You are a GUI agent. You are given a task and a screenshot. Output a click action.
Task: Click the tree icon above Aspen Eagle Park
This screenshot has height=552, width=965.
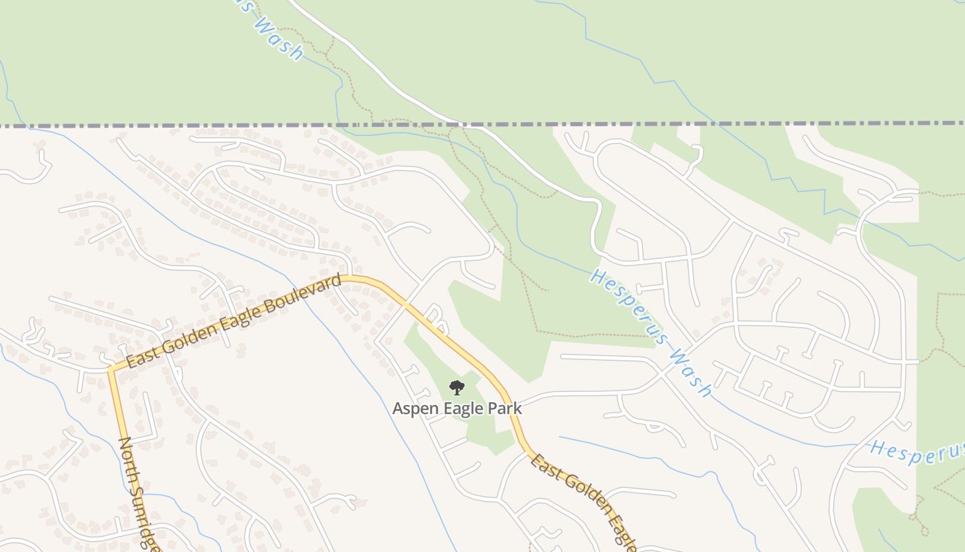456,388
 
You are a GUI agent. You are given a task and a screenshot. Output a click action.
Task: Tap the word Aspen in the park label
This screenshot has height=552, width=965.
415,408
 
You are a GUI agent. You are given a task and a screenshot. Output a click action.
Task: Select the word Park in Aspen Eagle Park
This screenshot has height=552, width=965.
506,408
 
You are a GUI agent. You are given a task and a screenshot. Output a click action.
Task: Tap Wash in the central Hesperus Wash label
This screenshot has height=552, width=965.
690,373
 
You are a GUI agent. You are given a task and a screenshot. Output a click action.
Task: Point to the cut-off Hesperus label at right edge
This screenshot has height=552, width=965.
917,450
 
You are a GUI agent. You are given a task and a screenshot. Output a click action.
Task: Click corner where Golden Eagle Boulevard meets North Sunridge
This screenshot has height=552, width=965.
111,369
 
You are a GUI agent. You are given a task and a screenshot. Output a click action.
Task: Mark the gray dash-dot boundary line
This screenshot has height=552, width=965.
207,126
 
